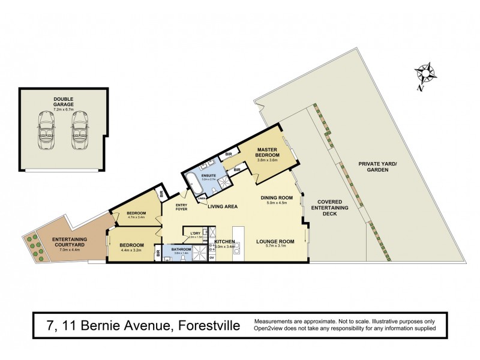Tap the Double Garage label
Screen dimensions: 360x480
point(63,102)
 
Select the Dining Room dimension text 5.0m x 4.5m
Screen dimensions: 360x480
point(276,203)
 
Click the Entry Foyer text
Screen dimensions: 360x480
point(182,207)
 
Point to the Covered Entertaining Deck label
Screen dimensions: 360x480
point(330,206)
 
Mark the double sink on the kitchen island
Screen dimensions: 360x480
point(236,248)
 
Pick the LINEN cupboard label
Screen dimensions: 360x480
point(202,199)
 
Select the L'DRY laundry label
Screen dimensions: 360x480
point(194,233)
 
